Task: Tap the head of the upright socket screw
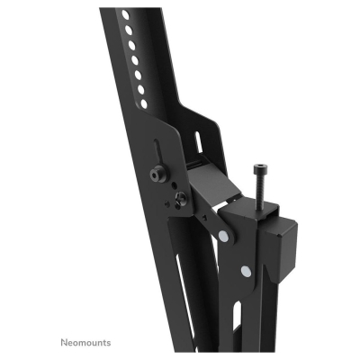coord(261,167)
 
